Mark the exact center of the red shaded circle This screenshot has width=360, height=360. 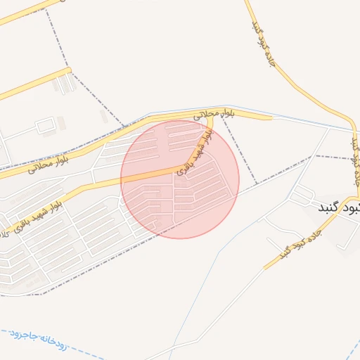coord(180,179)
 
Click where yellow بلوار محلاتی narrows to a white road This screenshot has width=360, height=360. coord(271,117)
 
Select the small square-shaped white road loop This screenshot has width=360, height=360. coord(45,127)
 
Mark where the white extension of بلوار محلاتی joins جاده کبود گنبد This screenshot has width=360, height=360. coord(352,131)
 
